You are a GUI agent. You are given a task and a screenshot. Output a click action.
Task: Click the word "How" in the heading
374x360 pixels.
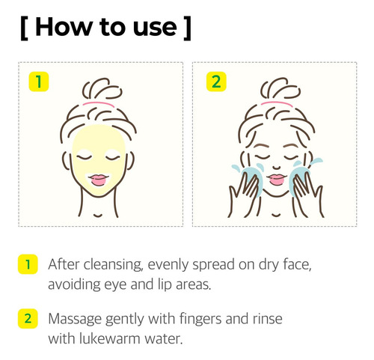click(x=64, y=27)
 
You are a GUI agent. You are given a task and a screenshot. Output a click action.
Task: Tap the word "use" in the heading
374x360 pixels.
click(x=155, y=29)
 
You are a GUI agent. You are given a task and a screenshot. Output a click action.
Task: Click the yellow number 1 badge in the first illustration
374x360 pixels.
click(x=39, y=82)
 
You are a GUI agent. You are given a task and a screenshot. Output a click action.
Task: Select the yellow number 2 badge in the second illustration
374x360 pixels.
click(x=216, y=82)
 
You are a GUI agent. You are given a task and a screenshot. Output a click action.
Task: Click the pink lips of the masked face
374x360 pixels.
click(x=99, y=180)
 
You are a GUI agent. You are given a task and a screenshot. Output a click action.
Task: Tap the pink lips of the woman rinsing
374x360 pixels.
click(x=277, y=180)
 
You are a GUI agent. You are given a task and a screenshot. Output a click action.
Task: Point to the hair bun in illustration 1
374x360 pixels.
click(x=102, y=89)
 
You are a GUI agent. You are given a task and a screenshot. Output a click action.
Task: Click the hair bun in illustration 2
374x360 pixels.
click(x=280, y=89)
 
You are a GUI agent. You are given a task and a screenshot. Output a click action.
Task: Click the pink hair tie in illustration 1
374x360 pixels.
click(x=99, y=103)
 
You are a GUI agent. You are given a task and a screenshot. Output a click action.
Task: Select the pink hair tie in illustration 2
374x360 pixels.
click(x=277, y=103)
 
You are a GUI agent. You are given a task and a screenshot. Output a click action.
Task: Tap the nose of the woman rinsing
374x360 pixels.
click(x=277, y=168)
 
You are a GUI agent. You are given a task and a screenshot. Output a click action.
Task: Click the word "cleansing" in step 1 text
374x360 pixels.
click(x=113, y=265)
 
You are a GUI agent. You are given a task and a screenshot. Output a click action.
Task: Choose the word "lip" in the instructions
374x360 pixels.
click(x=165, y=285)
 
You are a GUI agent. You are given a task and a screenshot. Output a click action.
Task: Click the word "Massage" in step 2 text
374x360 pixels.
click(x=75, y=320)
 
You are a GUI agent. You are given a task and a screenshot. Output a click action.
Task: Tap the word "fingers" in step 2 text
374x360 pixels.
click(x=200, y=320)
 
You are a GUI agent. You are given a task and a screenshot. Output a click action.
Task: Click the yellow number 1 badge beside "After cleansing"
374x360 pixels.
click(x=28, y=264)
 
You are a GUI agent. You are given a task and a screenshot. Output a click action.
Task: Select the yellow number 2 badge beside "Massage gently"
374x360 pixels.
click(x=28, y=319)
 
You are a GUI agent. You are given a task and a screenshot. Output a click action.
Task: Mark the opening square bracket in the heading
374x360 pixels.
click(x=24, y=28)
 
